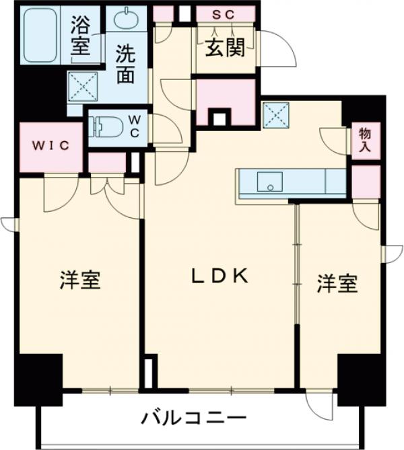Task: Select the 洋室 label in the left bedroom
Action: click(80, 279)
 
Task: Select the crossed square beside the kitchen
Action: click(277, 113)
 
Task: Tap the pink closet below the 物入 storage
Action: click(366, 181)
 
